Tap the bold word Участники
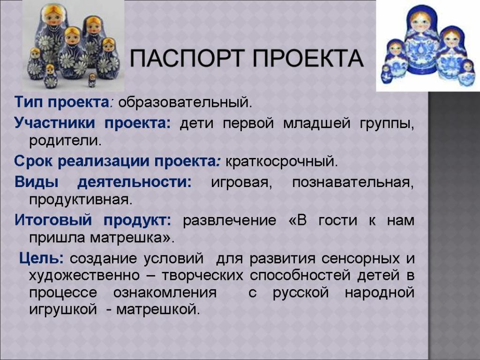[55, 123]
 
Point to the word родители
[65, 141]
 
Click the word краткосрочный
[281, 161]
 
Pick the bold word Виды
[37, 182]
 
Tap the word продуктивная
[81, 200]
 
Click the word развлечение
[230, 220]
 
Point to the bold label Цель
[41, 258]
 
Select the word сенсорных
[360, 259]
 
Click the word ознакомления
[165, 292]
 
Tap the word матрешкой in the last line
[158, 309]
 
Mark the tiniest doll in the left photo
[92, 80]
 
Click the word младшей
[316, 124]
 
